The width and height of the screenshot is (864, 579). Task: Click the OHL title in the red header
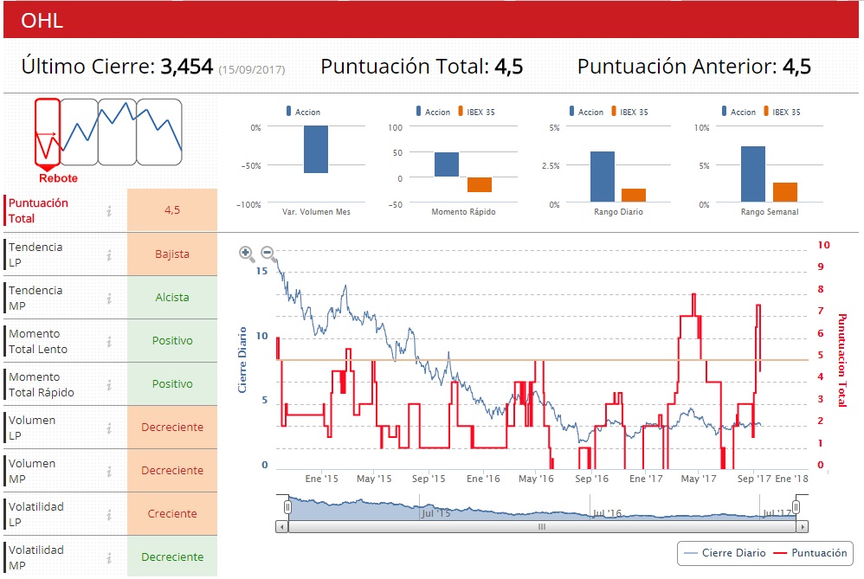tap(42, 21)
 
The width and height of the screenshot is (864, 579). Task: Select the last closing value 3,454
tap(186, 67)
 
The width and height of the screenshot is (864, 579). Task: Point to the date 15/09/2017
tap(251, 69)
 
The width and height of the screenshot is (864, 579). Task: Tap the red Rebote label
tap(58, 178)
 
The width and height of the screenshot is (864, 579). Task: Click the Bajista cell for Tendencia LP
tap(171, 254)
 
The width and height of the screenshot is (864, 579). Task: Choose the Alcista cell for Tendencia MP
tap(171, 298)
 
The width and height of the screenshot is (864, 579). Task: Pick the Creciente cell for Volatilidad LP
tap(171, 514)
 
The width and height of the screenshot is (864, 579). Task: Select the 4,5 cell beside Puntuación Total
tap(171, 210)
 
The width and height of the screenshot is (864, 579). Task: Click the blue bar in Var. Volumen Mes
tap(315, 150)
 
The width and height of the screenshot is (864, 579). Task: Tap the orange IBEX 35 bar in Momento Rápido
tap(480, 184)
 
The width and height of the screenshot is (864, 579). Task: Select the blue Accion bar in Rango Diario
tap(603, 177)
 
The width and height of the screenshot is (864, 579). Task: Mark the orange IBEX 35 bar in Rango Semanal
tap(784, 192)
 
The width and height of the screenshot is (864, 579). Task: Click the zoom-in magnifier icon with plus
tap(247, 254)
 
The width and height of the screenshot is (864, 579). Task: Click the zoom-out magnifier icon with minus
tap(268, 254)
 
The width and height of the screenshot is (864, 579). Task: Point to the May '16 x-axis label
tap(536, 479)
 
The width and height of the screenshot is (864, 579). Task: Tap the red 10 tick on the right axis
tap(823, 246)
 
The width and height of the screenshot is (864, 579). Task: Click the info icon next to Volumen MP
tap(109, 471)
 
